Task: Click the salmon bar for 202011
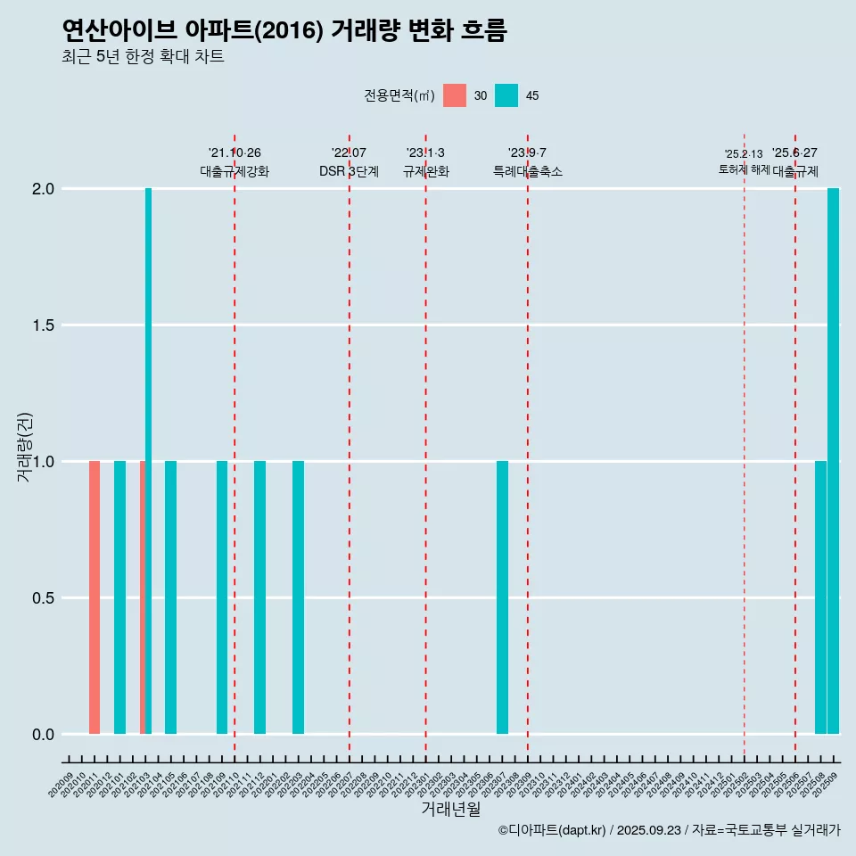[95, 597]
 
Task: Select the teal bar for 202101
[119, 597]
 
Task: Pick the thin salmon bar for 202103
[143, 597]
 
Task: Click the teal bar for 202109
[222, 597]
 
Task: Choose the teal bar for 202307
[502, 597]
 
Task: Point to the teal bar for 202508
[820, 597]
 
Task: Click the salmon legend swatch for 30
[455, 95]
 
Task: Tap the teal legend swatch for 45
[506, 95]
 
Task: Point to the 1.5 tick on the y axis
[42, 325]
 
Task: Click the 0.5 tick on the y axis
[42, 598]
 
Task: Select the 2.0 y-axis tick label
[42, 189]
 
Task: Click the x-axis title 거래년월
[450, 810]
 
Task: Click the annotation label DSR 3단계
[349, 171]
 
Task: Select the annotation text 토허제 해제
[744, 169]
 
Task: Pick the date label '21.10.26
[235, 153]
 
